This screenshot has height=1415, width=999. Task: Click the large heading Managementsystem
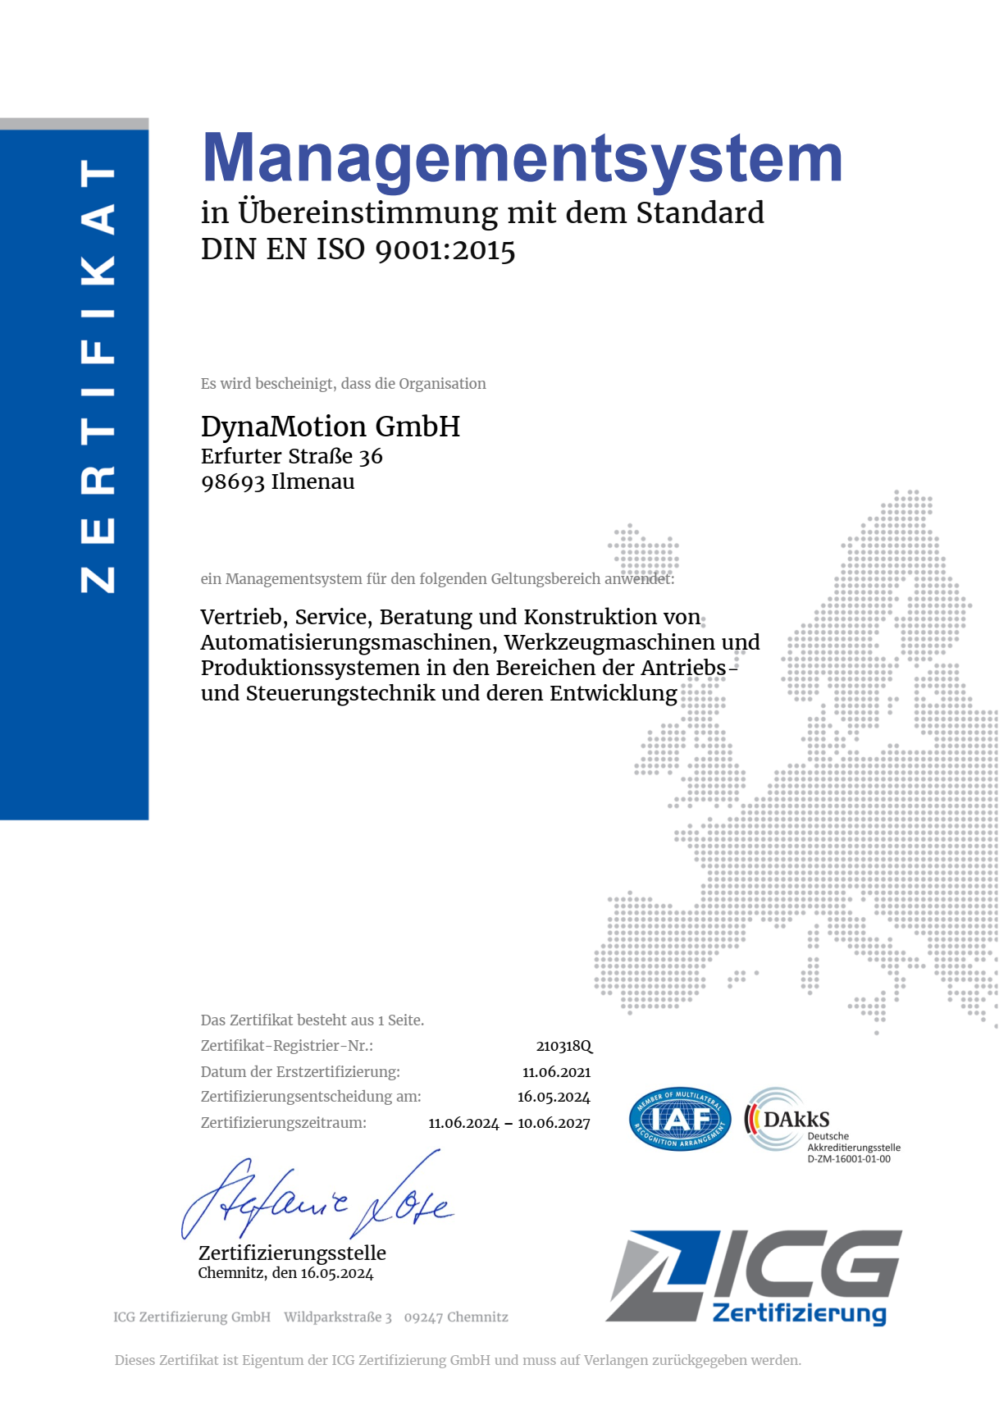(x=522, y=159)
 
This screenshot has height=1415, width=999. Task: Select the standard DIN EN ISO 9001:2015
(x=358, y=249)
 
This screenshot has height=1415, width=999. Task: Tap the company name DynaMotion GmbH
(x=330, y=427)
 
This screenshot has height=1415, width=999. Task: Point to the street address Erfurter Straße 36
(x=291, y=456)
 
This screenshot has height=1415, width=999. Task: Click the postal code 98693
(x=232, y=482)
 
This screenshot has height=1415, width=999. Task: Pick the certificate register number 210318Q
(x=563, y=1046)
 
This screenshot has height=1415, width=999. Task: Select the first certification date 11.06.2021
(x=556, y=1072)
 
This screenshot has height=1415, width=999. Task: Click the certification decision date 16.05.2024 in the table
(x=554, y=1098)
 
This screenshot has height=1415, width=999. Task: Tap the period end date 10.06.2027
(x=554, y=1123)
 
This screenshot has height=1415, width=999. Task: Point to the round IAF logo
(x=680, y=1119)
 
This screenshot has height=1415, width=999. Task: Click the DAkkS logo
(x=787, y=1119)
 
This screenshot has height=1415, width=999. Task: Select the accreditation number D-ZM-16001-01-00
(x=848, y=1159)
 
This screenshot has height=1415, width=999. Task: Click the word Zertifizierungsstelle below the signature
(x=292, y=1253)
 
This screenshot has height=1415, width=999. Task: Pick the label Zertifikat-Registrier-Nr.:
(x=286, y=1046)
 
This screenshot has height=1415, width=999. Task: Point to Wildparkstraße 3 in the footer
(x=338, y=1317)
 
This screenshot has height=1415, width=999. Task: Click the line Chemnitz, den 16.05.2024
(x=285, y=1273)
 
